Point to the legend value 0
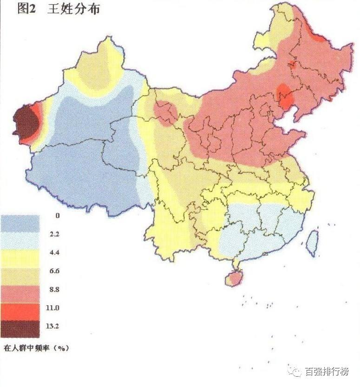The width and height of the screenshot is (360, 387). pyautogui.click(x=57, y=216)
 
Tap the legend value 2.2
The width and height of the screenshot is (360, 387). pyautogui.click(x=58, y=234)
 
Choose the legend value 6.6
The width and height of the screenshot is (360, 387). pyautogui.click(x=58, y=271)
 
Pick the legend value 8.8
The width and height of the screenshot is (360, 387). pyautogui.click(x=58, y=289)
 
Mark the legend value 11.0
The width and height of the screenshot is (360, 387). pyautogui.click(x=58, y=308)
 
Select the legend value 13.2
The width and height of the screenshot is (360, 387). pyautogui.click(x=58, y=326)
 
